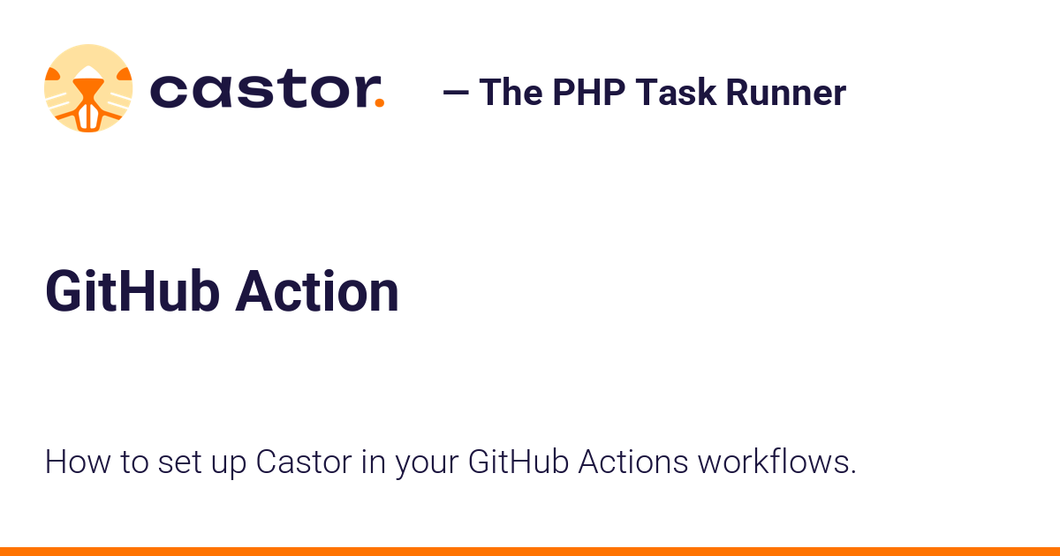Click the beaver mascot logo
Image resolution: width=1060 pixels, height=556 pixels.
88,88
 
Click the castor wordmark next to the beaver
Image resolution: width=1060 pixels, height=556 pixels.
261,90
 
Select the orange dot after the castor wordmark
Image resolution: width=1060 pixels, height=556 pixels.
379,102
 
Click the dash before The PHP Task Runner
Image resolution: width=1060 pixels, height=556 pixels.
456,92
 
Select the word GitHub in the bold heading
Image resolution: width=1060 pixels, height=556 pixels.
132,292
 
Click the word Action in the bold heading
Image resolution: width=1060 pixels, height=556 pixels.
317,292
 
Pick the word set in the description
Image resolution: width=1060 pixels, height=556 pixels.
178,462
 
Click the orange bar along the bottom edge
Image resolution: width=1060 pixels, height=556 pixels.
530,551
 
